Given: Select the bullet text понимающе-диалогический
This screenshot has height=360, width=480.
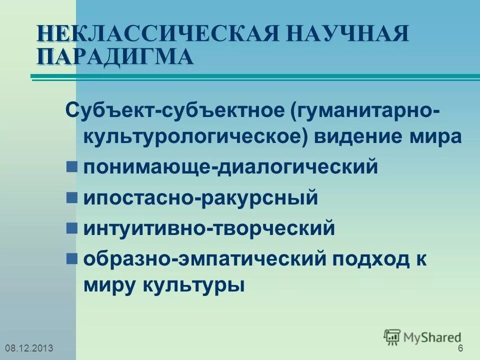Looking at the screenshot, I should click(230, 167).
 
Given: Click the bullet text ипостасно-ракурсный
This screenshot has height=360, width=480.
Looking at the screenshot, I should click(200, 197).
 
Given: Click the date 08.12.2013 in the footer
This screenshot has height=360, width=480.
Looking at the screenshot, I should click(28, 348).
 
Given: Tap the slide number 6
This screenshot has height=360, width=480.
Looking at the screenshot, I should click(460, 348).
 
